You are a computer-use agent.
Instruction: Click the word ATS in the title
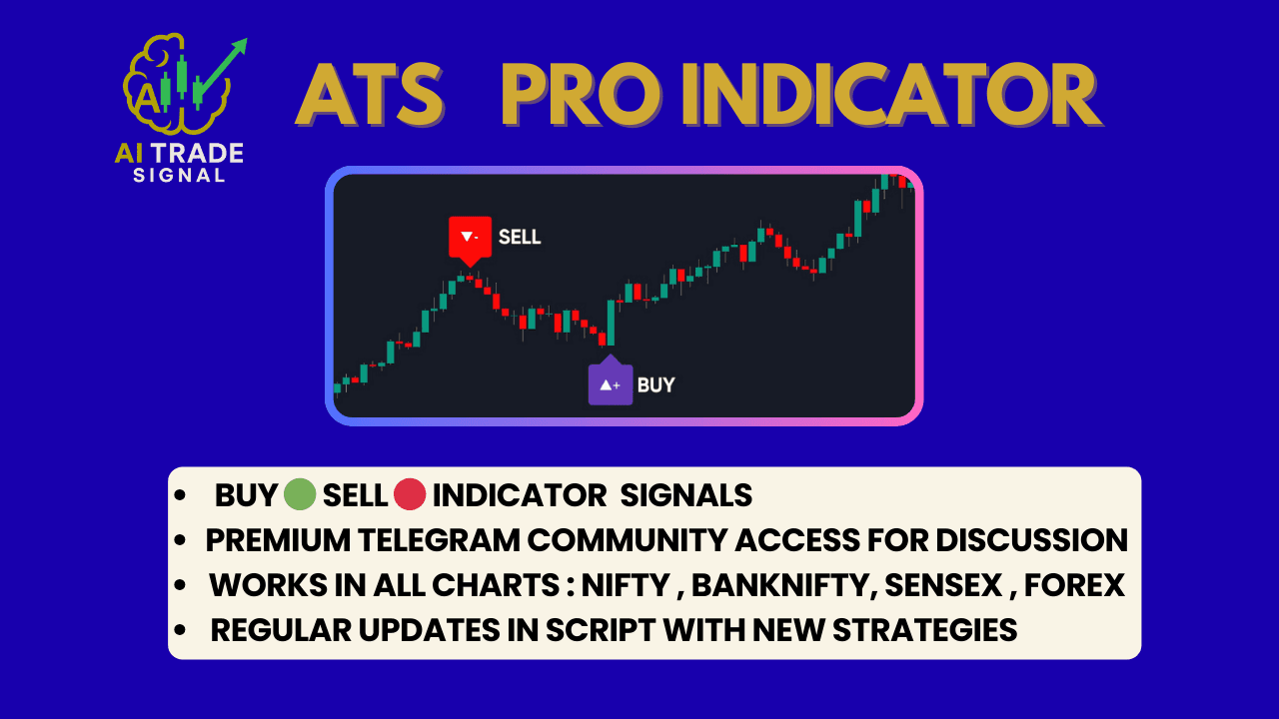pos(369,96)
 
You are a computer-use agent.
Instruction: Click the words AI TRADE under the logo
pos(179,153)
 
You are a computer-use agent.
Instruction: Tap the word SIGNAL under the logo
pos(179,176)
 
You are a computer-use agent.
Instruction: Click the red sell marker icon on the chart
pos(470,238)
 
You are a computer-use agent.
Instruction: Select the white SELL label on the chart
pos(520,238)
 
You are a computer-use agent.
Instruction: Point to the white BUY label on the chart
pos(655,384)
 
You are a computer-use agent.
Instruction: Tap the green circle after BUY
pos(299,494)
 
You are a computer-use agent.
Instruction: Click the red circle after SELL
pos(410,494)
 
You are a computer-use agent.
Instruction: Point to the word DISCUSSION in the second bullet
pos(1031,540)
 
